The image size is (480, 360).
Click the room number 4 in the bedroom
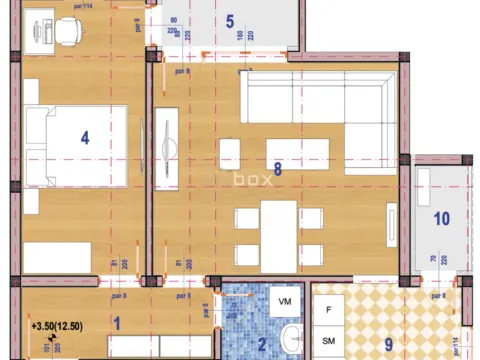coord(85,138)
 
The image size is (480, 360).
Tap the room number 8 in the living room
coord(278,169)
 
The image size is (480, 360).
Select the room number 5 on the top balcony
coord(229,20)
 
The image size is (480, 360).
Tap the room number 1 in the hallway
coord(117,323)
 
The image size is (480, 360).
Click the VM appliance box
coord(286,301)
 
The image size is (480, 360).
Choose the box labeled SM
coord(328,340)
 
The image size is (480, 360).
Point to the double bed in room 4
coord(75,146)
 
